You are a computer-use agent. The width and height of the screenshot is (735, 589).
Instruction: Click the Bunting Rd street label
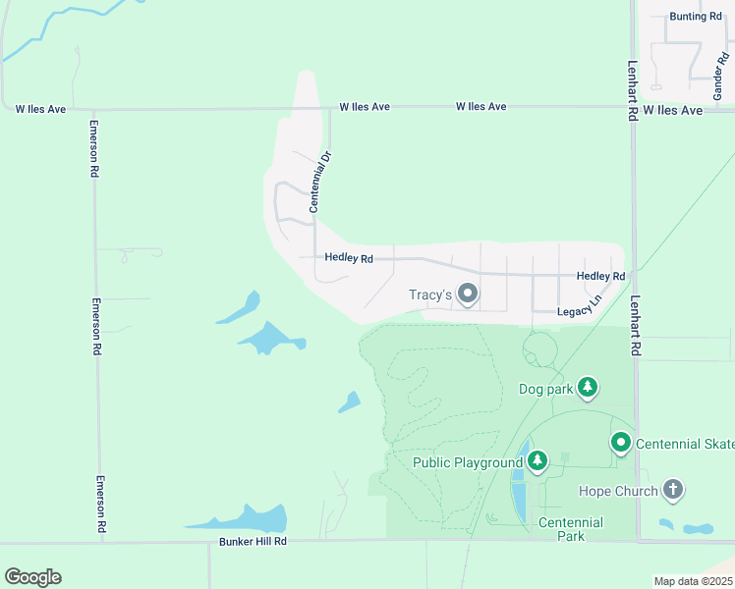click(695, 17)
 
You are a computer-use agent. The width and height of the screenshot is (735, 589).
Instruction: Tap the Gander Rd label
click(718, 78)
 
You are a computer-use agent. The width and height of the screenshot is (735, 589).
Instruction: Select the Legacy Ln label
click(578, 311)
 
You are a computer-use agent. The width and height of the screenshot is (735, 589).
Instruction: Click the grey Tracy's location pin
click(469, 294)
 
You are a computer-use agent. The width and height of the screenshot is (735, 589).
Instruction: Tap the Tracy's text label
click(429, 294)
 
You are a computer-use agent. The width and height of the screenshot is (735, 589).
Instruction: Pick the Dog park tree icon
click(588, 388)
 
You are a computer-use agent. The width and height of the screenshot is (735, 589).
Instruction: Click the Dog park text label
click(544, 389)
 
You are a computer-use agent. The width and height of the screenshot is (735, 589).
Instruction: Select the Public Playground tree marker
click(537, 462)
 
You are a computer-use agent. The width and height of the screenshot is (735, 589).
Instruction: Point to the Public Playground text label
click(468, 463)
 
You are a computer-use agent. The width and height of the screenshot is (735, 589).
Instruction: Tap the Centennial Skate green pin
click(621, 444)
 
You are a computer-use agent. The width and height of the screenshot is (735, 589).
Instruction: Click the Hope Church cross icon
click(673, 489)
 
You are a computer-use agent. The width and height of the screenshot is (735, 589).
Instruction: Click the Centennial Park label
click(564, 529)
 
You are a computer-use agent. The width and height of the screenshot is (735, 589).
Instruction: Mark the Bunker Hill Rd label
click(253, 541)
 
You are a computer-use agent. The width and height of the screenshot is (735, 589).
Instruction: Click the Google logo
click(32, 577)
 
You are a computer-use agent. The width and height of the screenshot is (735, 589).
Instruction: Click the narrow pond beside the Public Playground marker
click(519, 491)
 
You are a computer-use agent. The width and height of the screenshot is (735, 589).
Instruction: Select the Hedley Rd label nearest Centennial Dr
click(349, 259)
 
